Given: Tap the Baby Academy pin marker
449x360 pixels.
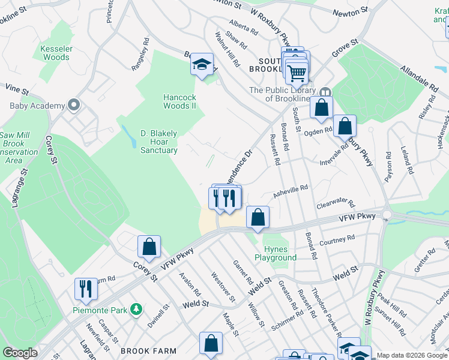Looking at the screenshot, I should [x=74, y=106].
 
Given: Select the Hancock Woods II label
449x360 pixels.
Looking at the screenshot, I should [x=180, y=101].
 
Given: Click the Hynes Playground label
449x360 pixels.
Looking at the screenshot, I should [x=280, y=253].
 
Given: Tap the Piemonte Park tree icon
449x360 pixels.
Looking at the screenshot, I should [x=137, y=309].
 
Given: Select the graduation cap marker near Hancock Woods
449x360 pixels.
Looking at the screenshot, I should [x=202, y=64].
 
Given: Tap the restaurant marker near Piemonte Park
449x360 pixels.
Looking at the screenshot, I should [x=86, y=288].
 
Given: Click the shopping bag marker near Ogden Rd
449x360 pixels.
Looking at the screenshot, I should [x=345, y=126].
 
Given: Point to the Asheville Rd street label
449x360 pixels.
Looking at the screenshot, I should [x=291, y=190].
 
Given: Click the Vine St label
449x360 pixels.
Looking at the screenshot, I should [x=17, y=89].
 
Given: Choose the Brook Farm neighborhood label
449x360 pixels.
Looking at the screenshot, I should [x=148, y=351].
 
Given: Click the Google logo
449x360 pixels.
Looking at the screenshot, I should [x=19, y=353].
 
